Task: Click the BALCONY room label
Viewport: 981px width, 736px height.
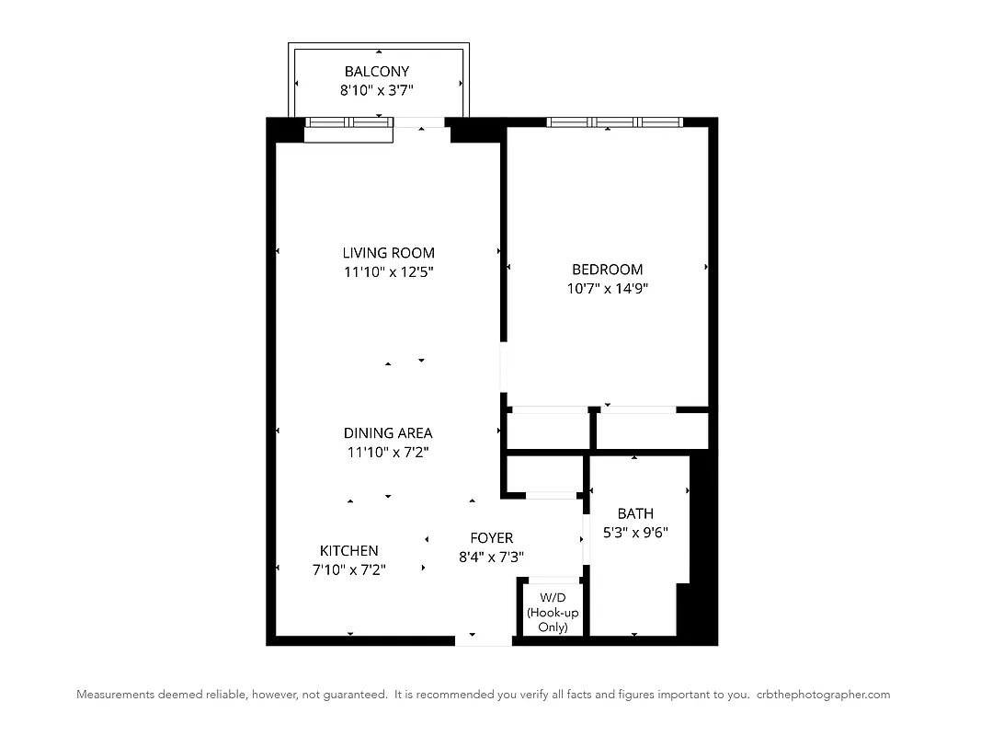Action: (x=376, y=72)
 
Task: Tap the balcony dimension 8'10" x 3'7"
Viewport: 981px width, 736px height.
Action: (x=376, y=90)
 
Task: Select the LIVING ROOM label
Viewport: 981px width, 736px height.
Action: (x=388, y=253)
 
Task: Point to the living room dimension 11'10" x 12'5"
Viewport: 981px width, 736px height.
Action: (x=388, y=272)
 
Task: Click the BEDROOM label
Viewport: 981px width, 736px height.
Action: (x=607, y=270)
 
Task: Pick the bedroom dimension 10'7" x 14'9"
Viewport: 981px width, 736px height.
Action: (x=607, y=288)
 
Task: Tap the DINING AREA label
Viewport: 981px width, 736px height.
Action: (x=388, y=433)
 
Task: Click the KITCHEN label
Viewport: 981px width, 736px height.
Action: (x=348, y=551)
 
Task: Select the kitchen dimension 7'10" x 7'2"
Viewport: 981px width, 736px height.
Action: (x=348, y=569)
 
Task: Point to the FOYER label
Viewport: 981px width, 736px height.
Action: (x=491, y=538)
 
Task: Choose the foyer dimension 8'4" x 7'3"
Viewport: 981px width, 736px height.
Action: (x=491, y=557)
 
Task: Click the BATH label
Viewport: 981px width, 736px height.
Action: (x=635, y=513)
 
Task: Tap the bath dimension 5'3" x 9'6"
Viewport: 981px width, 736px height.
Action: (x=635, y=532)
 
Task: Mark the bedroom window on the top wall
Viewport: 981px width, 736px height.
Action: (x=614, y=122)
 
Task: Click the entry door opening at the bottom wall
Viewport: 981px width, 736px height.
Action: (x=484, y=640)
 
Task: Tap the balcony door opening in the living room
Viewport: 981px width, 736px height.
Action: (x=420, y=122)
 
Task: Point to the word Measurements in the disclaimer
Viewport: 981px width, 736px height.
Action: (x=114, y=695)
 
